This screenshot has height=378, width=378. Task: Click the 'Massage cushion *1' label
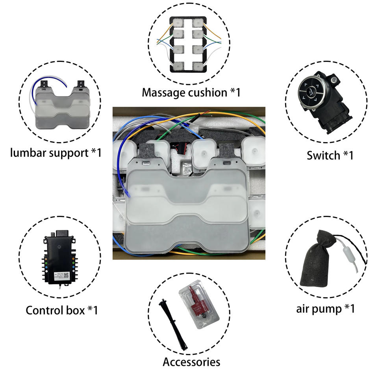pos(191,93)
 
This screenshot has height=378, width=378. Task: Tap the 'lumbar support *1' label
pos(56,152)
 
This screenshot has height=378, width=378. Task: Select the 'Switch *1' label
pos(330,155)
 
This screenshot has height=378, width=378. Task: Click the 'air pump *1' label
pos(325,308)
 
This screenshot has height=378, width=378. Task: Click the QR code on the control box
pos(67,276)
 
